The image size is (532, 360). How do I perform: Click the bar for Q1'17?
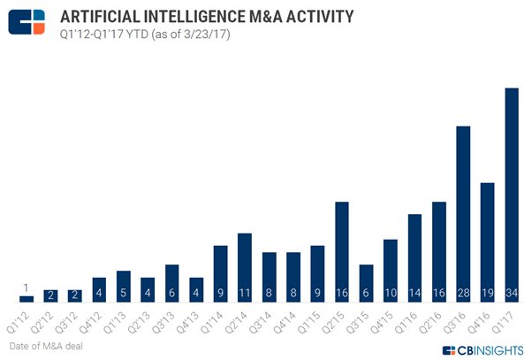(x=511, y=195)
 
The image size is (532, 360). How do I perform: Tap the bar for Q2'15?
(x=341, y=252)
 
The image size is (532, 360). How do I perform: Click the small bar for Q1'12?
(x=27, y=299)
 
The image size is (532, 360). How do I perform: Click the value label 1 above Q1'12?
(x=27, y=287)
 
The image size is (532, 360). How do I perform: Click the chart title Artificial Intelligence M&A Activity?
(x=209, y=16)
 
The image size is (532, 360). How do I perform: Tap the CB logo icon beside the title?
(x=27, y=22)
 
